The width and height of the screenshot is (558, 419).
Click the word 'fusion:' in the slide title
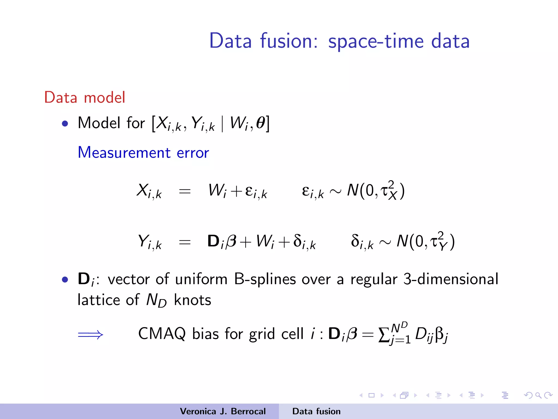289,41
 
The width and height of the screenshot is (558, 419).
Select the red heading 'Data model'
84,97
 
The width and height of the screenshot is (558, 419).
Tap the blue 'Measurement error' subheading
143,152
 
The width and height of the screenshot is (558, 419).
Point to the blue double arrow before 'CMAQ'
90,334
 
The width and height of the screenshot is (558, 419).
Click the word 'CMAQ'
162,334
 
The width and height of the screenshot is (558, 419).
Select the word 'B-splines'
265,279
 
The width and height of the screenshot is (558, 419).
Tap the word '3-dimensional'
451,279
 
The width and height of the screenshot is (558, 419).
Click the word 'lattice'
99,300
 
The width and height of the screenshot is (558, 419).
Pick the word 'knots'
192,300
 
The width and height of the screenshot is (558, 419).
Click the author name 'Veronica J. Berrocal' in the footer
223,411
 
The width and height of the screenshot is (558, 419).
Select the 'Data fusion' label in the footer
316,411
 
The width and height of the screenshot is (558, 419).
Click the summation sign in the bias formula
384,335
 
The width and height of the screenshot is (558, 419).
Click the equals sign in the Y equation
184,242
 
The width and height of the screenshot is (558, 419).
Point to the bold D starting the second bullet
84,279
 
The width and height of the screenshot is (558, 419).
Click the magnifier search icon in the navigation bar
538,395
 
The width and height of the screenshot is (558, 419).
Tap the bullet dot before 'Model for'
65,124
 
